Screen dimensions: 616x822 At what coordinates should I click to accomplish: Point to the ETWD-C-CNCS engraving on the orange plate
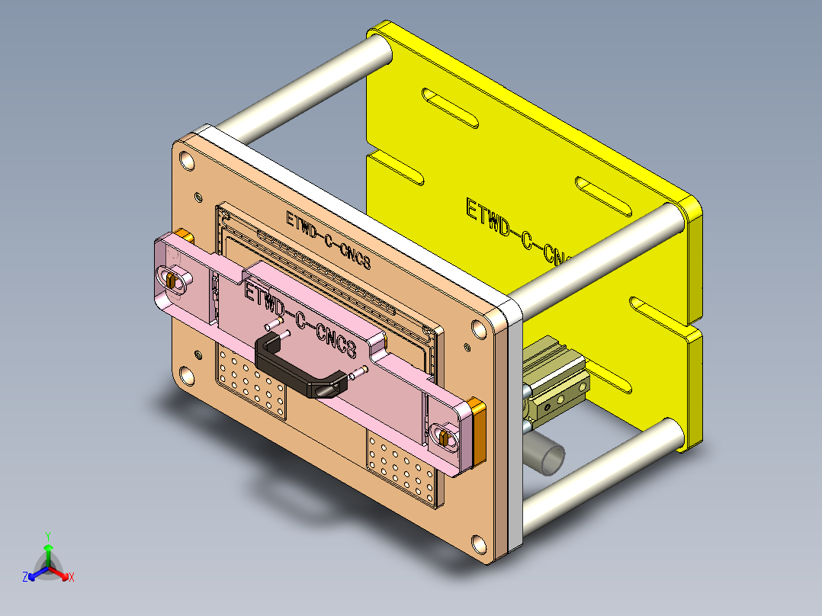[x=328, y=239]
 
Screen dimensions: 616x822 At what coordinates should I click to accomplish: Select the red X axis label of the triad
[x=72, y=578]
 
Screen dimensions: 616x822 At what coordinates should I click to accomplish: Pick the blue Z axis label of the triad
[x=25, y=577]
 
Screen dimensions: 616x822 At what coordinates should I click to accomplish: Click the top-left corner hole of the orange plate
[x=186, y=160]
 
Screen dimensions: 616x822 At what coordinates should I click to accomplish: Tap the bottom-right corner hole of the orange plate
[x=478, y=544]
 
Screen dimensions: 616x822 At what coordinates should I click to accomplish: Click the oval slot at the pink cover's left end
[x=174, y=280]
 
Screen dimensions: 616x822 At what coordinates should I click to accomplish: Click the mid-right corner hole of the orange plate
[x=479, y=329]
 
